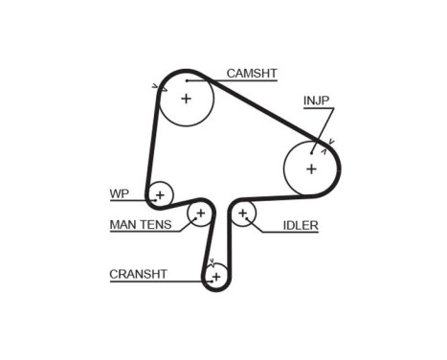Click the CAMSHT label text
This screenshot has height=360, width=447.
(x=252, y=73)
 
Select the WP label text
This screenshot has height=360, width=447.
(x=119, y=193)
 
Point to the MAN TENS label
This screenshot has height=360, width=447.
(x=141, y=225)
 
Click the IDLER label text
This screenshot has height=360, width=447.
(x=301, y=226)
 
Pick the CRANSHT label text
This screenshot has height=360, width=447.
(x=138, y=274)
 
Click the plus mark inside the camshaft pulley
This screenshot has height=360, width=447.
(x=186, y=98)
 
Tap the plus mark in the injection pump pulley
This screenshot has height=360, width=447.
(x=311, y=169)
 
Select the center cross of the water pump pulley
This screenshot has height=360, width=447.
(x=160, y=195)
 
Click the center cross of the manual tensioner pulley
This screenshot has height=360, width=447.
(x=200, y=213)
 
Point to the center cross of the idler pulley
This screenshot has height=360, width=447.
(x=243, y=213)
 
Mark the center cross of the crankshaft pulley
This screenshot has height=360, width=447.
(x=216, y=277)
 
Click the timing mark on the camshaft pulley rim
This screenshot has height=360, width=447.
(x=155, y=87)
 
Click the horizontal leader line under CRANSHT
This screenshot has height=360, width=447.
(x=153, y=281)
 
